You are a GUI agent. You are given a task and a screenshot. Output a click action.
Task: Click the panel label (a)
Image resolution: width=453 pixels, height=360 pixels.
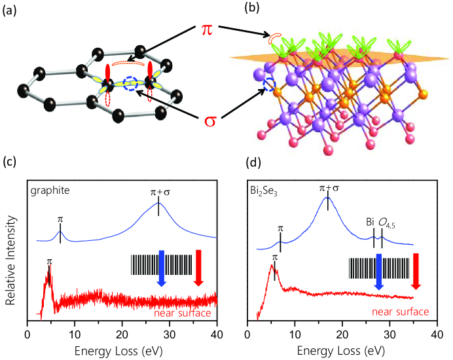tap(11, 10)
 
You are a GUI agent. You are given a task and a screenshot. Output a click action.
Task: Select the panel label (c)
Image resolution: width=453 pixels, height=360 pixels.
tap(11, 161)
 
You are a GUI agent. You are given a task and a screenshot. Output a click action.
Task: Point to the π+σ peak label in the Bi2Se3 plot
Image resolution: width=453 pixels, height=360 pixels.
tap(328, 189)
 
